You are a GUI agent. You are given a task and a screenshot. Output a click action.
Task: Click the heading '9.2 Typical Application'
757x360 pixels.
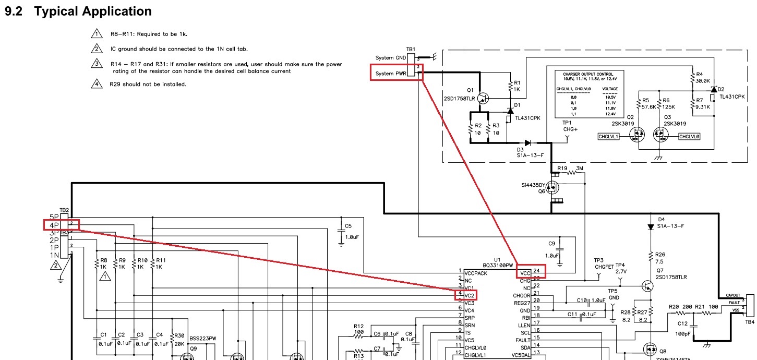point(78,11)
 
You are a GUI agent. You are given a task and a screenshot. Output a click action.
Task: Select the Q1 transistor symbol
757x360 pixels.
point(483,98)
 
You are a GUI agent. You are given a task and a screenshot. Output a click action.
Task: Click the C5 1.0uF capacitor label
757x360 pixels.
point(348,231)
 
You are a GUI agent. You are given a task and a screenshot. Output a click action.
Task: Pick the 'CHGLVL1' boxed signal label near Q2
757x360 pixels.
point(608,137)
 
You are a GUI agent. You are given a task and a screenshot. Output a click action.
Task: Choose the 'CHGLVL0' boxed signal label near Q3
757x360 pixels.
point(689,137)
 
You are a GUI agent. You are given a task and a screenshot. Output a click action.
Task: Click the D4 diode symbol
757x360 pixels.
point(651,227)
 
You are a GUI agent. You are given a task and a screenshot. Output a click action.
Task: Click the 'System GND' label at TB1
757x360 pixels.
point(391,58)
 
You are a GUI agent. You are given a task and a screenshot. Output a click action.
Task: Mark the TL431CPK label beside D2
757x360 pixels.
point(732,97)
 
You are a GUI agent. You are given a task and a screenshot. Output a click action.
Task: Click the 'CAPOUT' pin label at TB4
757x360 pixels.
point(732,295)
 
